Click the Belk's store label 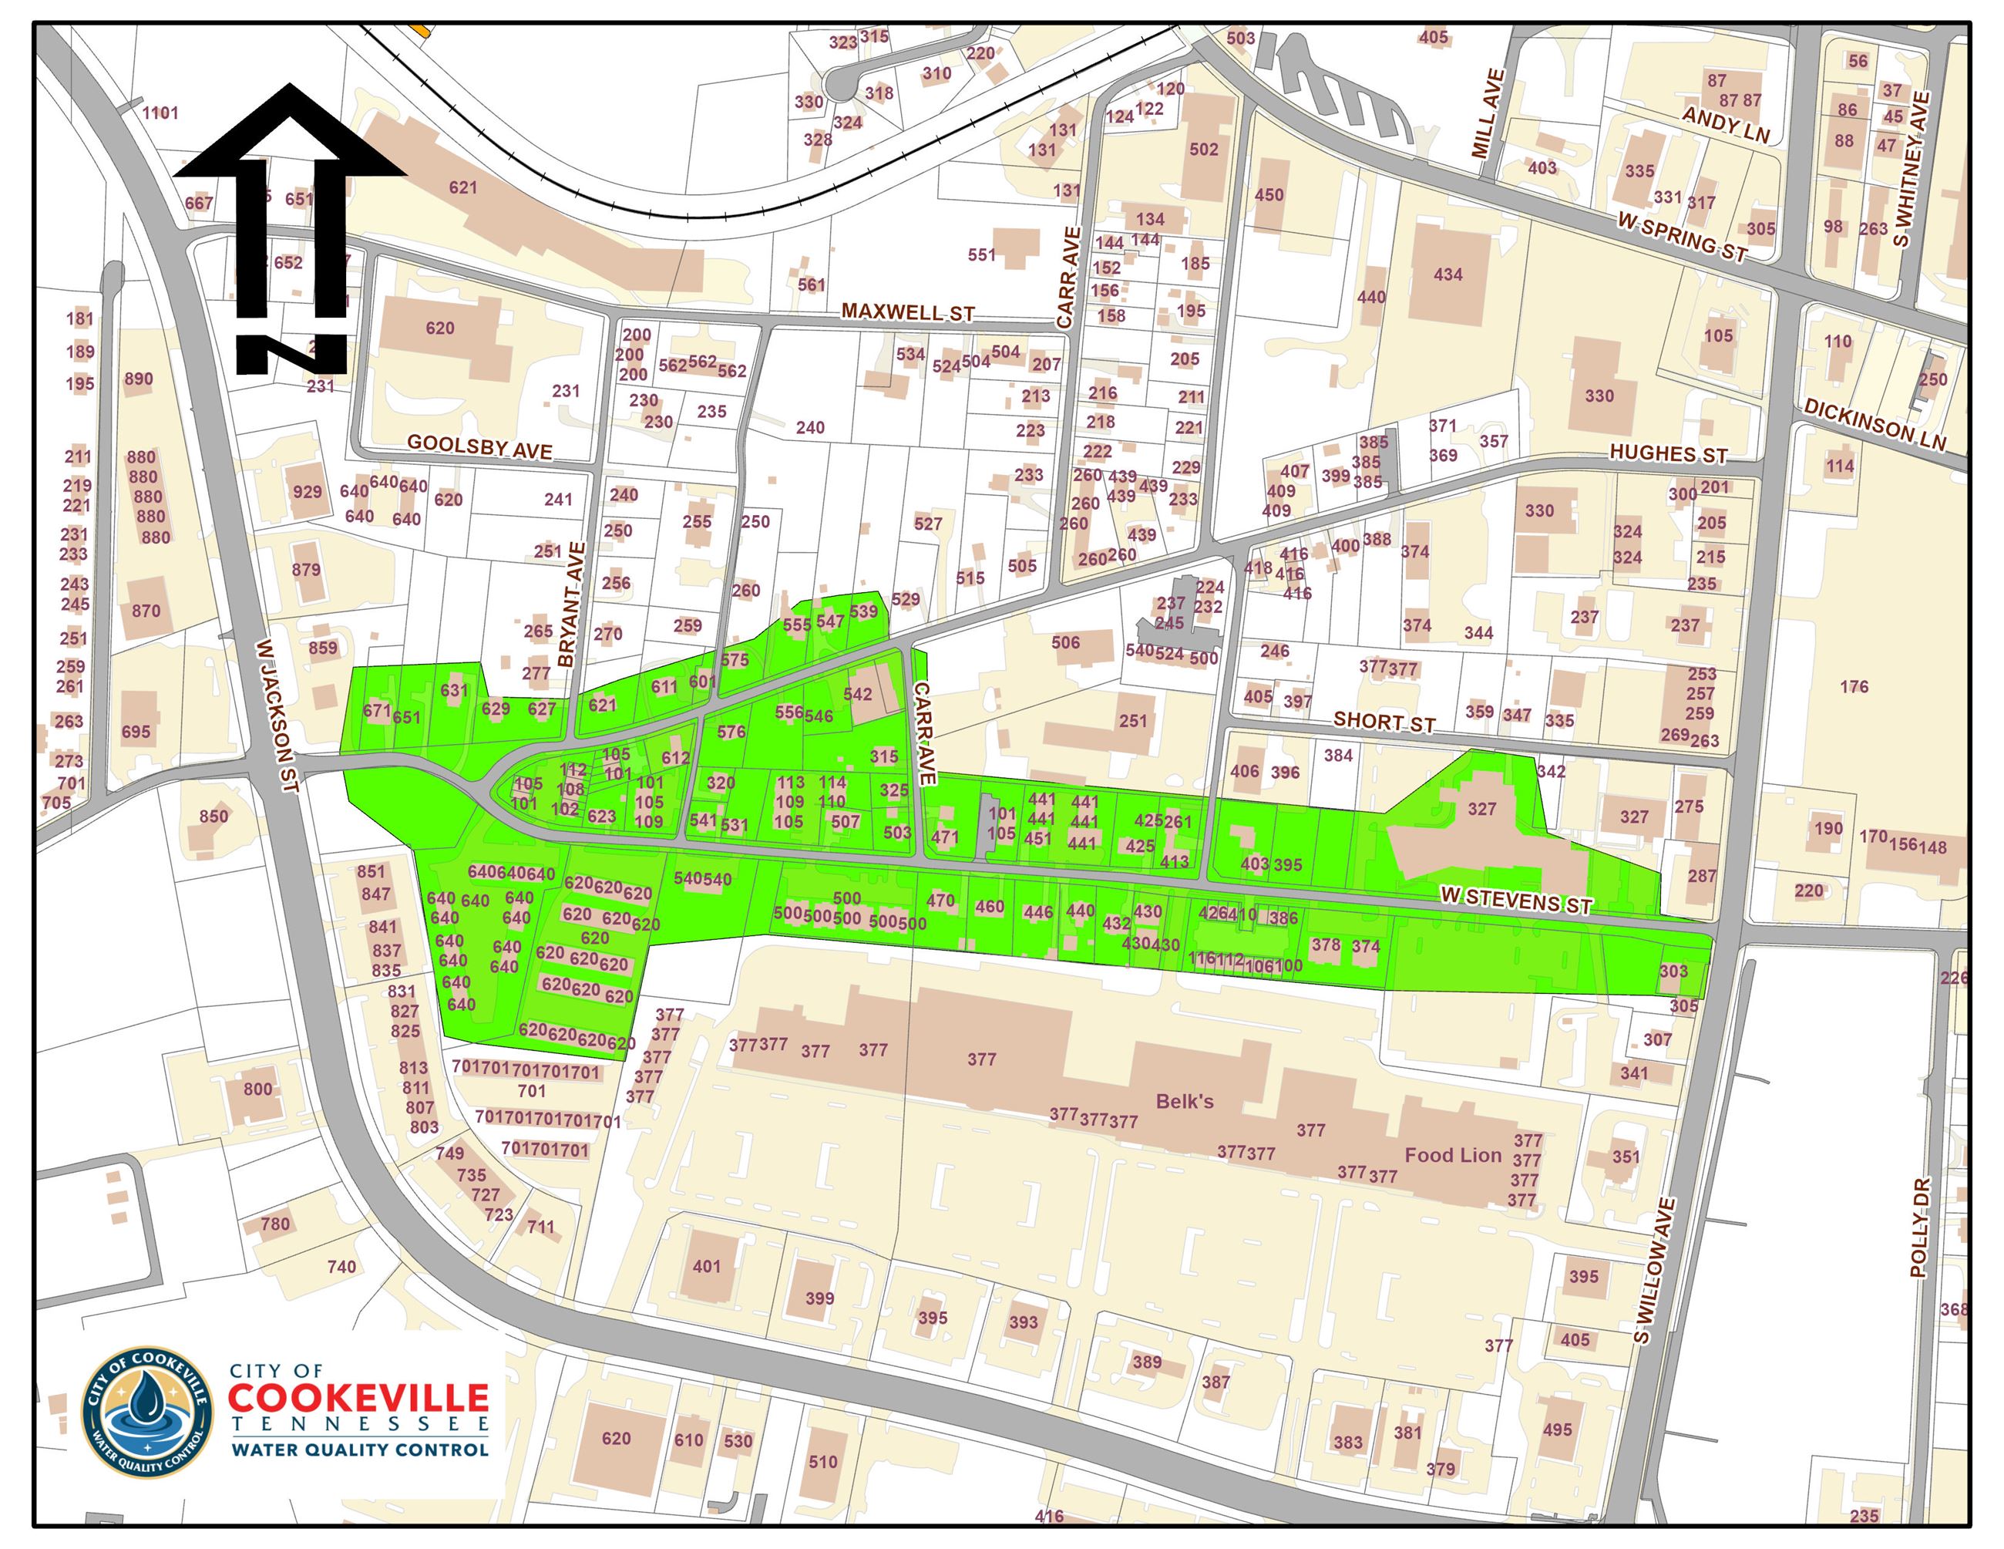coord(1184,1101)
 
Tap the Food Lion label coord(1453,1155)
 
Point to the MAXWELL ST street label coord(907,312)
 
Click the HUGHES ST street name coord(1668,454)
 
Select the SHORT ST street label coord(1384,721)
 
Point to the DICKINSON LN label coord(1874,424)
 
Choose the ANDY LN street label coord(1725,125)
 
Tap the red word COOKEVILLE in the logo coord(358,1398)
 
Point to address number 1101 coord(160,113)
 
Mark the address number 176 coord(1854,686)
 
